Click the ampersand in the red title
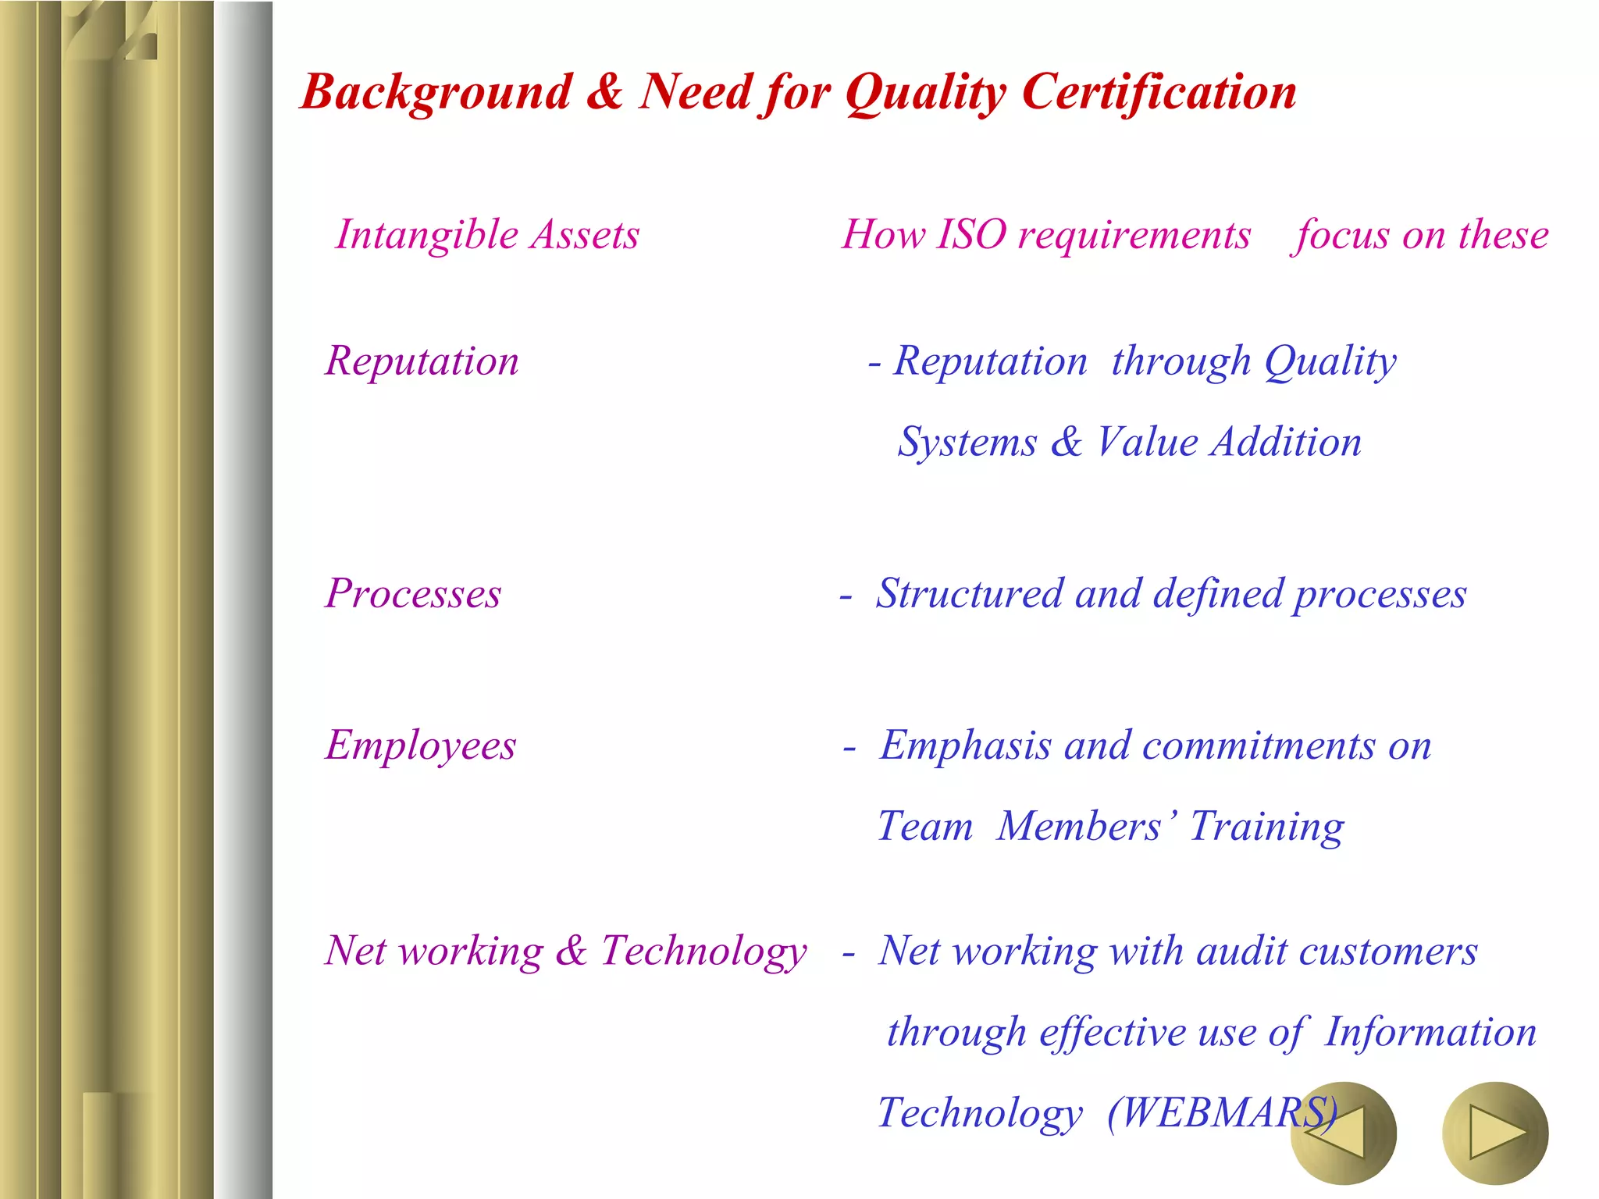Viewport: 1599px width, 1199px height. [604, 91]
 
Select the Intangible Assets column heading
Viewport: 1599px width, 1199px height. [487, 234]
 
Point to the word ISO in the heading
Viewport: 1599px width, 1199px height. [971, 234]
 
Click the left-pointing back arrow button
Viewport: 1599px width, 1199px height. [1341, 1132]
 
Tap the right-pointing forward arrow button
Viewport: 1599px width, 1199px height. [1494, 1132]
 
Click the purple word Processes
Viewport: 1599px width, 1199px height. [413, 594]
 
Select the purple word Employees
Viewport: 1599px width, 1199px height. [421, 745]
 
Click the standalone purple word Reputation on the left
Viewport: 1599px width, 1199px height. [422, 361]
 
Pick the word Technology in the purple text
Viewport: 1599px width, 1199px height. [703, 952]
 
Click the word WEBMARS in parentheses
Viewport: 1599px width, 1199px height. [1223, 1112]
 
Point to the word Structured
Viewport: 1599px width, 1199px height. [969, 594]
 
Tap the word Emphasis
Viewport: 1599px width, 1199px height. [966, 745]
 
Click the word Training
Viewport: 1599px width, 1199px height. [1266, 827]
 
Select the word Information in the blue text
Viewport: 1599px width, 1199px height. [1430, 1032]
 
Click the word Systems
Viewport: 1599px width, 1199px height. [967, 443]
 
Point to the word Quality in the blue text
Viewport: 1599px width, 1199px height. [1330, 361]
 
